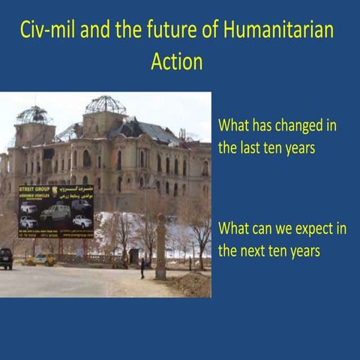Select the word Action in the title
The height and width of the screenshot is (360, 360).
(176, 61)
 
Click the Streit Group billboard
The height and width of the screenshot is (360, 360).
(55, 210)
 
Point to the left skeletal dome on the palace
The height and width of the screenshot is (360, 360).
(32, 116)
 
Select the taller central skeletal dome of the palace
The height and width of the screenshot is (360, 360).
(106, 105)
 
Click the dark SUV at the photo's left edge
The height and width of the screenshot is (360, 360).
(5, 258)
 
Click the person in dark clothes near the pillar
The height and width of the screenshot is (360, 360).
(142, 267)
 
